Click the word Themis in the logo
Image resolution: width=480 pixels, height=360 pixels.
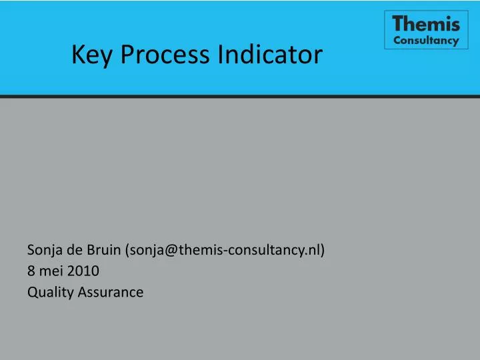point(426,24)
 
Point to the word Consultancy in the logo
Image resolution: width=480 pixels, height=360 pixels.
point(426,40)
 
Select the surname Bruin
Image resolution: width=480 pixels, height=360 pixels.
point(103,251)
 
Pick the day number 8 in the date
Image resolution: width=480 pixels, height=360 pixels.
point(31,271)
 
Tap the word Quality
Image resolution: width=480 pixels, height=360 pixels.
point(49,291)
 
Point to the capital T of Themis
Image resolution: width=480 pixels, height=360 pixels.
point(399,24)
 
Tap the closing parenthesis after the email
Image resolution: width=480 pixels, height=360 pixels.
point(323,251)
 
